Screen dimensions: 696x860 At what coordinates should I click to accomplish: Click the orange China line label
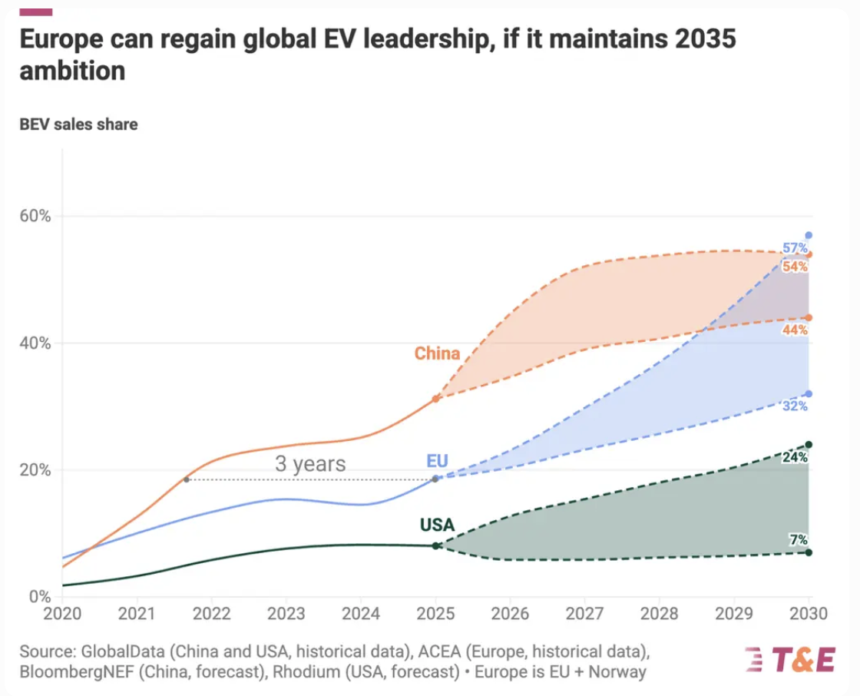437,353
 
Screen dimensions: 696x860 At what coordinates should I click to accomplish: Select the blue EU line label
437,461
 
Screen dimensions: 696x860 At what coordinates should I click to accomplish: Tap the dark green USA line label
437,525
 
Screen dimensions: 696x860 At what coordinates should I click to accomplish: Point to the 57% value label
795,248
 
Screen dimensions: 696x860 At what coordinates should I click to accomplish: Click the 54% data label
795,267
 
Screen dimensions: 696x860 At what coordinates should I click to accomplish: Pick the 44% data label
795,330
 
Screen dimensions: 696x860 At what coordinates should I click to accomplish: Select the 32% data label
795,406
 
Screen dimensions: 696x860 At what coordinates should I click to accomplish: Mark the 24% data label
795,457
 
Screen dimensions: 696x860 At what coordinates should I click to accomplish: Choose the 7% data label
798,540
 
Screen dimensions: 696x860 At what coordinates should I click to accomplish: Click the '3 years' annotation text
310,464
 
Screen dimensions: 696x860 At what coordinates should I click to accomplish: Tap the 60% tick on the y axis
35,216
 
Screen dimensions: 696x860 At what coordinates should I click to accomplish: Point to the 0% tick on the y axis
40,596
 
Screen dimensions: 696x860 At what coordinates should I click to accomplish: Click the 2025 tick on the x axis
435,615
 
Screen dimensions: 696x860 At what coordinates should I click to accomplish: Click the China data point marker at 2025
436,399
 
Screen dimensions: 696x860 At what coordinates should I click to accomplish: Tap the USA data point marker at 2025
436,545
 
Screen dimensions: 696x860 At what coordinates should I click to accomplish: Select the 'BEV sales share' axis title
78,124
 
